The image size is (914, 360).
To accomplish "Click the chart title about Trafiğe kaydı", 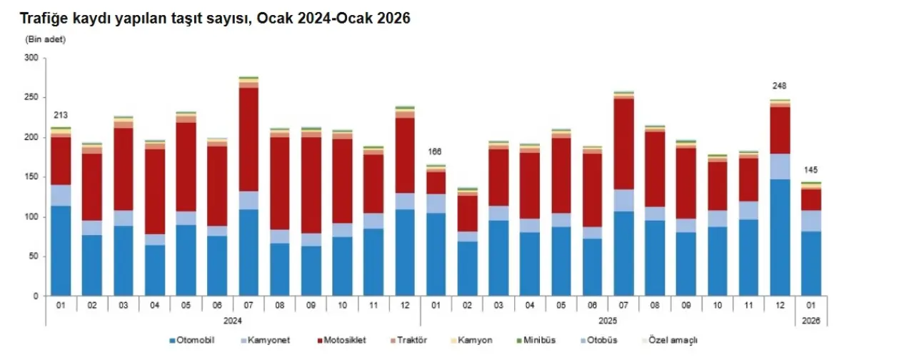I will coord(214,19).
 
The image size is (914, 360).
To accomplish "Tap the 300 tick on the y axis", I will coord(31,58).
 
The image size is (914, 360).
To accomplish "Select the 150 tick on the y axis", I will coord(31,177).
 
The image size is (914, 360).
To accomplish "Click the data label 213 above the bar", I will coord(61,115).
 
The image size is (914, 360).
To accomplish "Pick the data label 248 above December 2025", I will coord(779,86).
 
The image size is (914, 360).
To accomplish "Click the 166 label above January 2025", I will coord(436,152).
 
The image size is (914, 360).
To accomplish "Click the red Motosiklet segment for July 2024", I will coord(248,139).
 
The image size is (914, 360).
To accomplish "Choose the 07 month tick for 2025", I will coord(623,306).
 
